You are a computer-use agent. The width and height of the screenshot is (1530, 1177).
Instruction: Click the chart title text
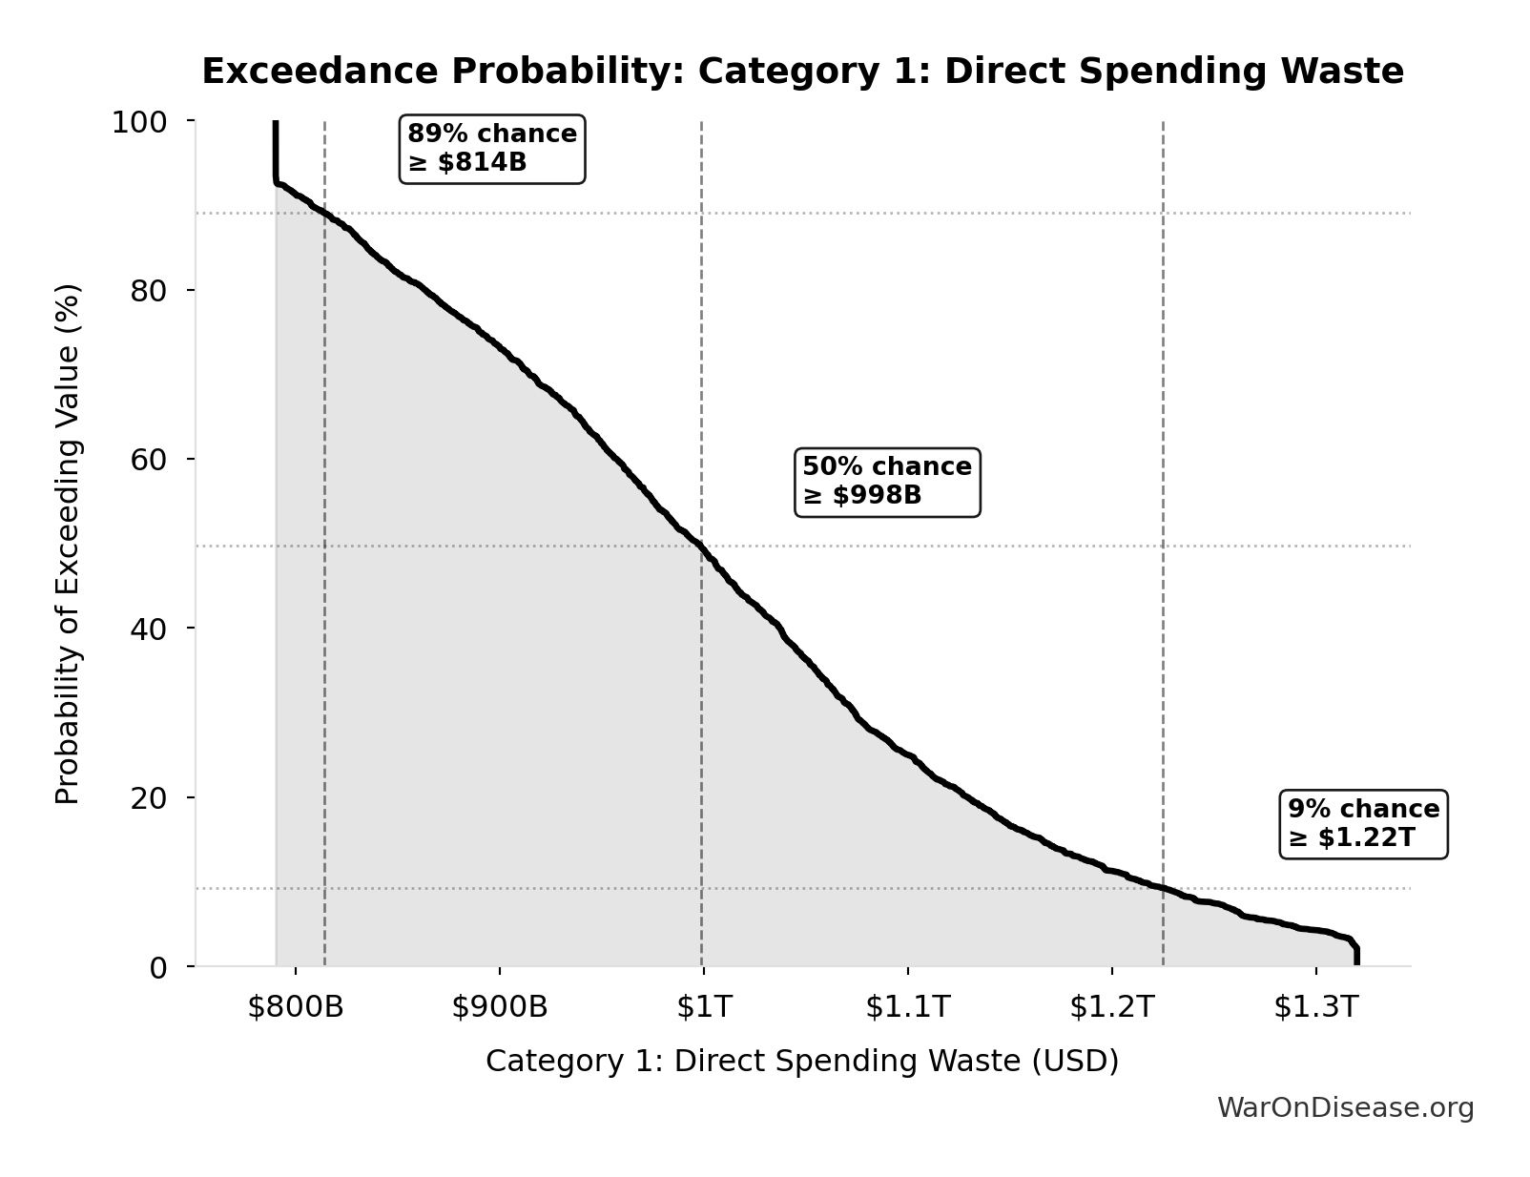802,72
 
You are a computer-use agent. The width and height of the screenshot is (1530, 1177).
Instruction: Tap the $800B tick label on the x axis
296,1007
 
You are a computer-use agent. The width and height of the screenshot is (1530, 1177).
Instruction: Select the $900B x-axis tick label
500,1007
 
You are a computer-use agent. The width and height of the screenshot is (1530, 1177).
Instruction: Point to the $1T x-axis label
704,1007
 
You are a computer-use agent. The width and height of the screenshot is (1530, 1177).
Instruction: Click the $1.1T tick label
908,1007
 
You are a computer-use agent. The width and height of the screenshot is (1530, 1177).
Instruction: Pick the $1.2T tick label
1112,1007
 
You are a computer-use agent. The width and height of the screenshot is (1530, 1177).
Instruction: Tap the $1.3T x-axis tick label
1315,1007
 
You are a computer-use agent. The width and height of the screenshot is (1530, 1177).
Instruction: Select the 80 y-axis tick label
149,290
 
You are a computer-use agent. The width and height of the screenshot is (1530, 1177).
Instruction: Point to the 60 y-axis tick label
149,459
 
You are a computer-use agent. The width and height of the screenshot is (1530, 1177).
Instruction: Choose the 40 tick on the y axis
149,628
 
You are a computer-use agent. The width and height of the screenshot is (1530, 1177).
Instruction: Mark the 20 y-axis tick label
149,797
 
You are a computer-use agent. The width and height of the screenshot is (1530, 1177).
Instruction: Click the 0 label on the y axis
158,967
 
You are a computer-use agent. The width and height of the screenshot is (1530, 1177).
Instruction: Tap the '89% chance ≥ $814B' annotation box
492,149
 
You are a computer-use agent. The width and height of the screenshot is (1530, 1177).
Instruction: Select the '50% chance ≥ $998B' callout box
887,482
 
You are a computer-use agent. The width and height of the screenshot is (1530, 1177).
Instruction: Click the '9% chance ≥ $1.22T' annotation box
1363,824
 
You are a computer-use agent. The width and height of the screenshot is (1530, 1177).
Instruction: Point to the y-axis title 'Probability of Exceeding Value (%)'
68,544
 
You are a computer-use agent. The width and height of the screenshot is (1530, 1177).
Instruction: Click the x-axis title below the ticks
802,1061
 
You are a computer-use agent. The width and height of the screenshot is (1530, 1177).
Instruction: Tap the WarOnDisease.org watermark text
1345,1107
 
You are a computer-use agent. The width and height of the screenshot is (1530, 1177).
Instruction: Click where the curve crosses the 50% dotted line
700,547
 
